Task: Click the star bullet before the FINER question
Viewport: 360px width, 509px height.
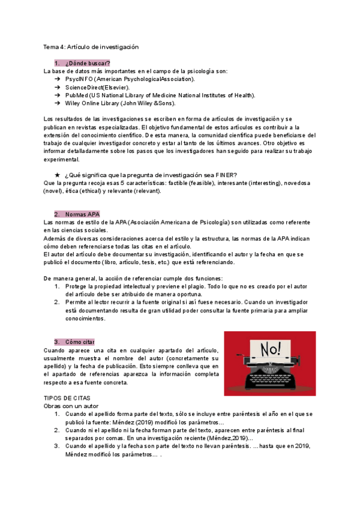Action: (x=57, y=175)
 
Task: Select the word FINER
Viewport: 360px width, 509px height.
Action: (x=224, y=175)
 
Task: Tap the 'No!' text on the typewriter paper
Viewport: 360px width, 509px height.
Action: (x=270, y=348)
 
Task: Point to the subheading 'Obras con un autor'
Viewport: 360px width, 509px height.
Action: (x=71, y=406)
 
